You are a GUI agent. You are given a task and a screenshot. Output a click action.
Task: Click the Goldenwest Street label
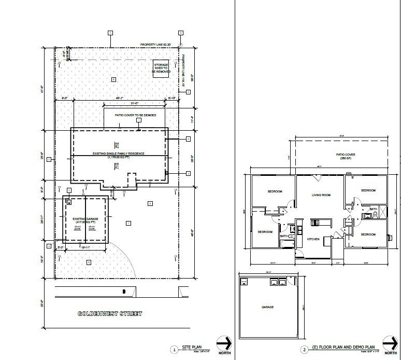[109, 314]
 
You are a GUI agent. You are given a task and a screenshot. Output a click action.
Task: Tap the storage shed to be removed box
[161, 69]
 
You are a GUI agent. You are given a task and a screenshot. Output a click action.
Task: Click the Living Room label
[321, 196]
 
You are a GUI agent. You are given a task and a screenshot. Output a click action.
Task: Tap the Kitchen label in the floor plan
[312, 239]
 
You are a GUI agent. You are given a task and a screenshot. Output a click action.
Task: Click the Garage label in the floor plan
[267, 307]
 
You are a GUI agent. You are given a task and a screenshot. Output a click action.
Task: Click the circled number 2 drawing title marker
[304, 350]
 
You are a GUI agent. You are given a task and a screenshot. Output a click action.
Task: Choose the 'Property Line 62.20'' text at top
[155, 45]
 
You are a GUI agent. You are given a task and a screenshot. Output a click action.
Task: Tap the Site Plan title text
[190, 349]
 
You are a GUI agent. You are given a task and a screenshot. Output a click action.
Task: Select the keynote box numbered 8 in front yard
[89, 263]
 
